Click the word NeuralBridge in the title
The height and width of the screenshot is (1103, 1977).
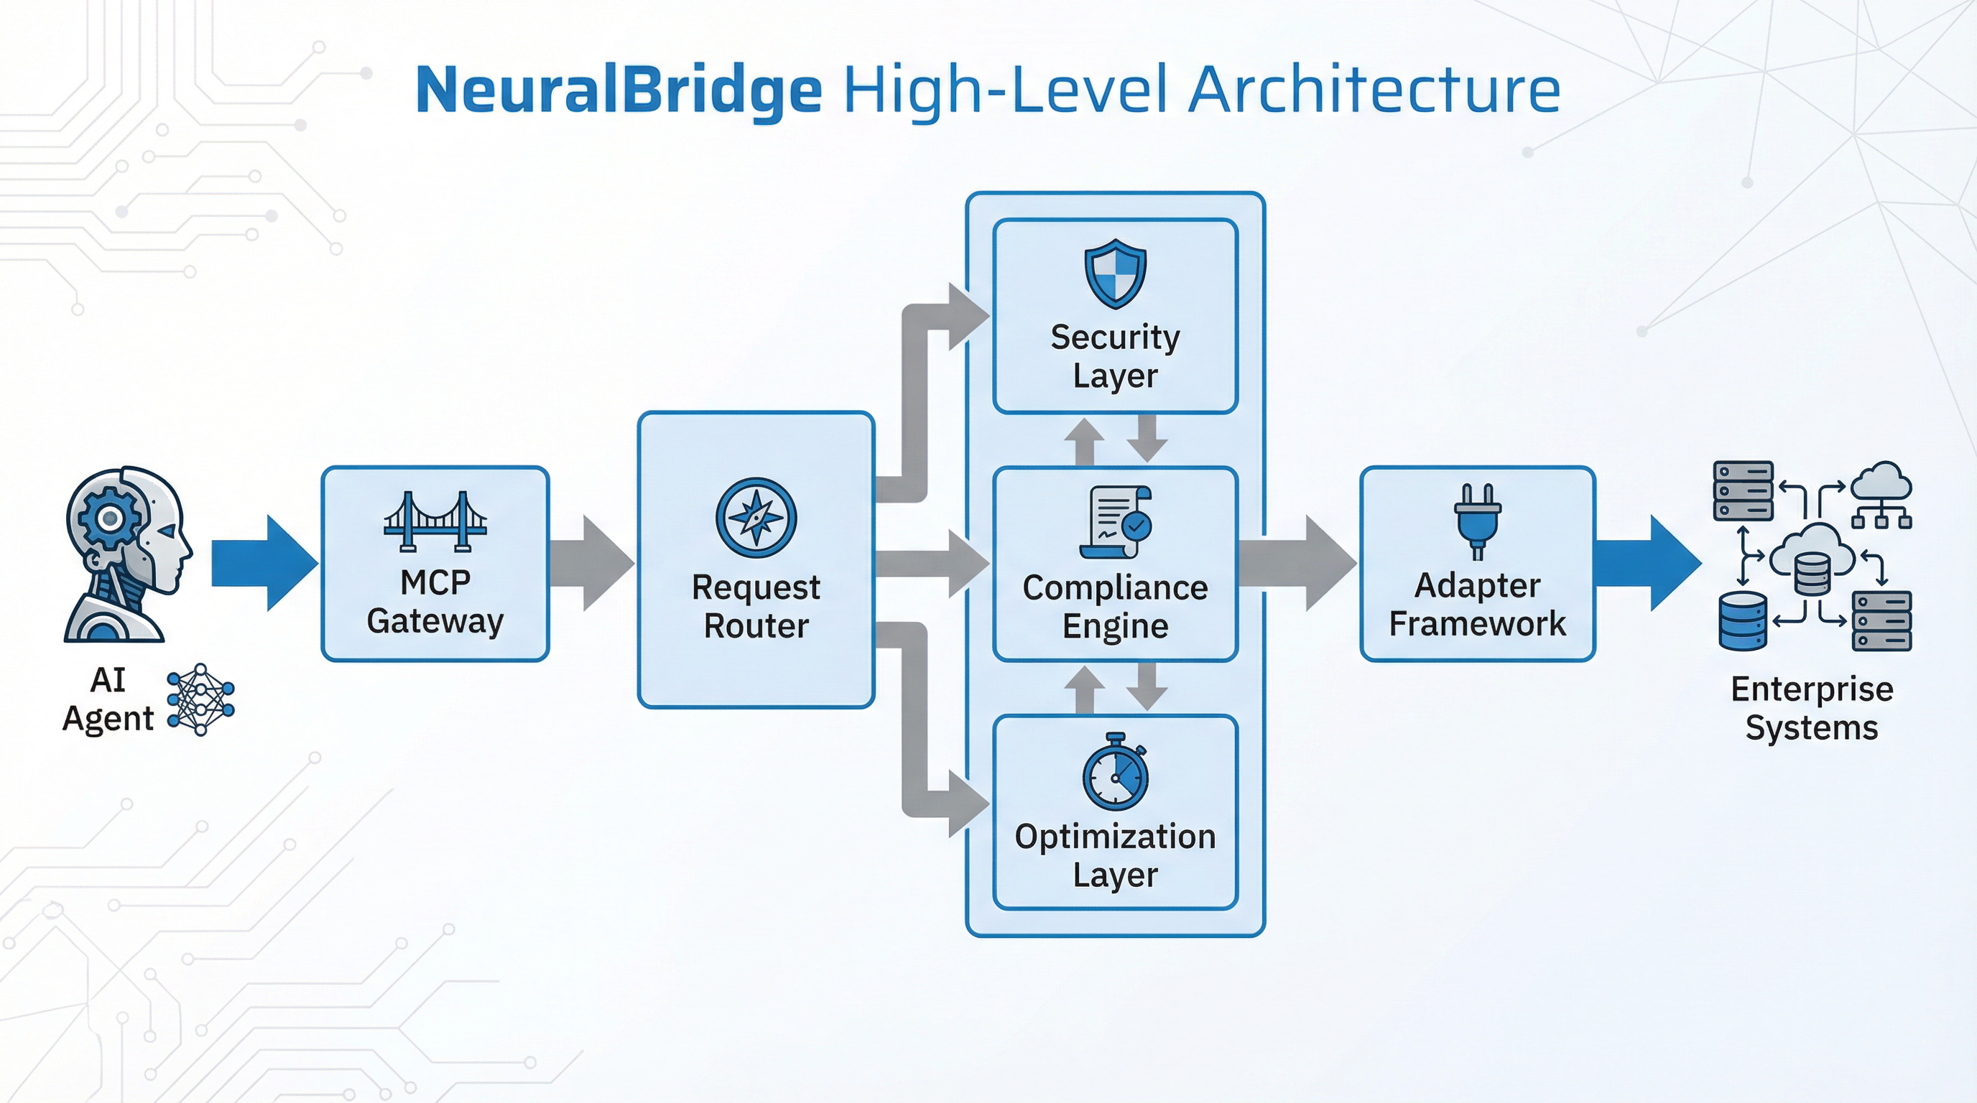click(x=618, y=90)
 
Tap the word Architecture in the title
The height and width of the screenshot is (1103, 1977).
click(x=1374, y=90)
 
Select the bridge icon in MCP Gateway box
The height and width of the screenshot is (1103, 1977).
click(x=435, y=521)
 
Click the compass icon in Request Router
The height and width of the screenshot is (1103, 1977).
click(x=756, y=518)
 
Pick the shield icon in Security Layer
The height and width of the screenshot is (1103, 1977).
click(x=1115, y=273)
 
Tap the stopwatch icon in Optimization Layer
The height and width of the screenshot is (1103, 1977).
click(x=1115, y=773)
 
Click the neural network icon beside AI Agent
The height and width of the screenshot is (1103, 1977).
click(x=200, y=699)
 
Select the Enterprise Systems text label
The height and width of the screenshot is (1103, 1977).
click(x=1811, y=708)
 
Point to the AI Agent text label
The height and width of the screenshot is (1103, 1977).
click(x=108, y=699)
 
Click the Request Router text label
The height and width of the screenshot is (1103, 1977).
click(x=756, y=607)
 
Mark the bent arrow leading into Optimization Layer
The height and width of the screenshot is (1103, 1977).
click(x=917, y=752)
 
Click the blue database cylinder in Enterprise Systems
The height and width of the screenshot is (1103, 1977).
click(x=1742, y=620)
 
